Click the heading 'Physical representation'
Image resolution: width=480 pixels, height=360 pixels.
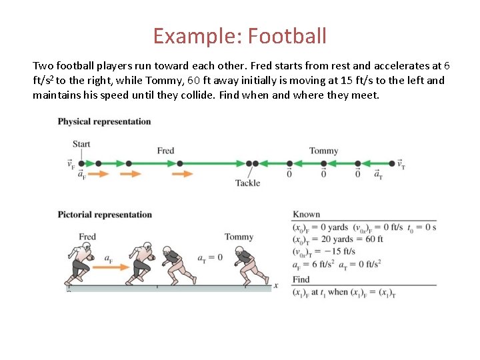click(x=104, y=121)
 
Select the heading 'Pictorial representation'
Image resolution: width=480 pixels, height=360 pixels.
click(x=105, y=215)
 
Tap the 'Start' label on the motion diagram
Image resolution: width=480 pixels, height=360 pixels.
click(x=81, y=144)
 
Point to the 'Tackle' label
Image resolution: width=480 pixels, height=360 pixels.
click(x=248, y=183)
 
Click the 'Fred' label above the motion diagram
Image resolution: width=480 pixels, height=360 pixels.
click(x=165, y=151)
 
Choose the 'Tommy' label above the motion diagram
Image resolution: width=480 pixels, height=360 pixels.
click(x=323, y=151)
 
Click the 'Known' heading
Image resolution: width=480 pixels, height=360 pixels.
click(x=306, y=215)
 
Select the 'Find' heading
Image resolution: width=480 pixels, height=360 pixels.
click(x=301, y=279)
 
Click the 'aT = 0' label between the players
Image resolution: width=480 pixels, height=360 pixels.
click(x=209, y=258)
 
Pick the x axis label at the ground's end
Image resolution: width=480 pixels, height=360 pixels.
click(x=276, y=285)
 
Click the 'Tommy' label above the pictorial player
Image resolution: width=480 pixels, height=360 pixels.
click(x=239, y=237)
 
